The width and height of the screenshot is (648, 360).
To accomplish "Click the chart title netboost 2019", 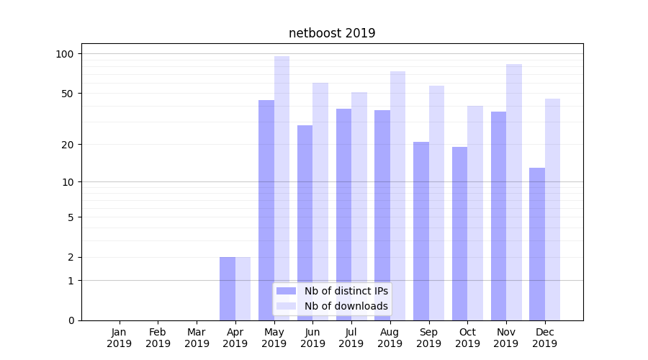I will (332, 33).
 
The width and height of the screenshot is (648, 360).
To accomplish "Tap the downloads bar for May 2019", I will (282, 188).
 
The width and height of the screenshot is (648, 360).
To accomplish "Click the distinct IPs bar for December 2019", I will (537, 244).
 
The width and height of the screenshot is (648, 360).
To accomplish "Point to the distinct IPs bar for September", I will (421, 231).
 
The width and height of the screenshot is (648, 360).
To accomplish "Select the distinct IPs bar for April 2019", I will (228, 289).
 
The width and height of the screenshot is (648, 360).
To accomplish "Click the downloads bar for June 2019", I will (320, 202).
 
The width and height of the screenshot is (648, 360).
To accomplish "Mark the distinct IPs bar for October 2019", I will (459, 233).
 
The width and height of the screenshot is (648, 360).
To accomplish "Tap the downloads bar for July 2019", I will (359, 206).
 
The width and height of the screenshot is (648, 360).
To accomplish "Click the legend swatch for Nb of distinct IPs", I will (287, 291).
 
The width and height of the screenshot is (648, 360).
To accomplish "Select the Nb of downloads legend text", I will (346, 306).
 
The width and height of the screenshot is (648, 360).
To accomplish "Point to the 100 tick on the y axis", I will (65, 54).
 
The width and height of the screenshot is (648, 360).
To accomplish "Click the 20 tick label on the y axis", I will (68, 145).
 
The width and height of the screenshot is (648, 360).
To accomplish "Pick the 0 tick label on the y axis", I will (71, 320).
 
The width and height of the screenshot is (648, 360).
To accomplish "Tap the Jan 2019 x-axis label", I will (120, 338).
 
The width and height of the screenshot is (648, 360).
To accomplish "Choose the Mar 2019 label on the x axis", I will (197, 338).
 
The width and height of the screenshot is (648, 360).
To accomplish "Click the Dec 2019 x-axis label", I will (544, 338).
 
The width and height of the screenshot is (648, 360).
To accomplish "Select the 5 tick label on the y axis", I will (71, 217).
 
